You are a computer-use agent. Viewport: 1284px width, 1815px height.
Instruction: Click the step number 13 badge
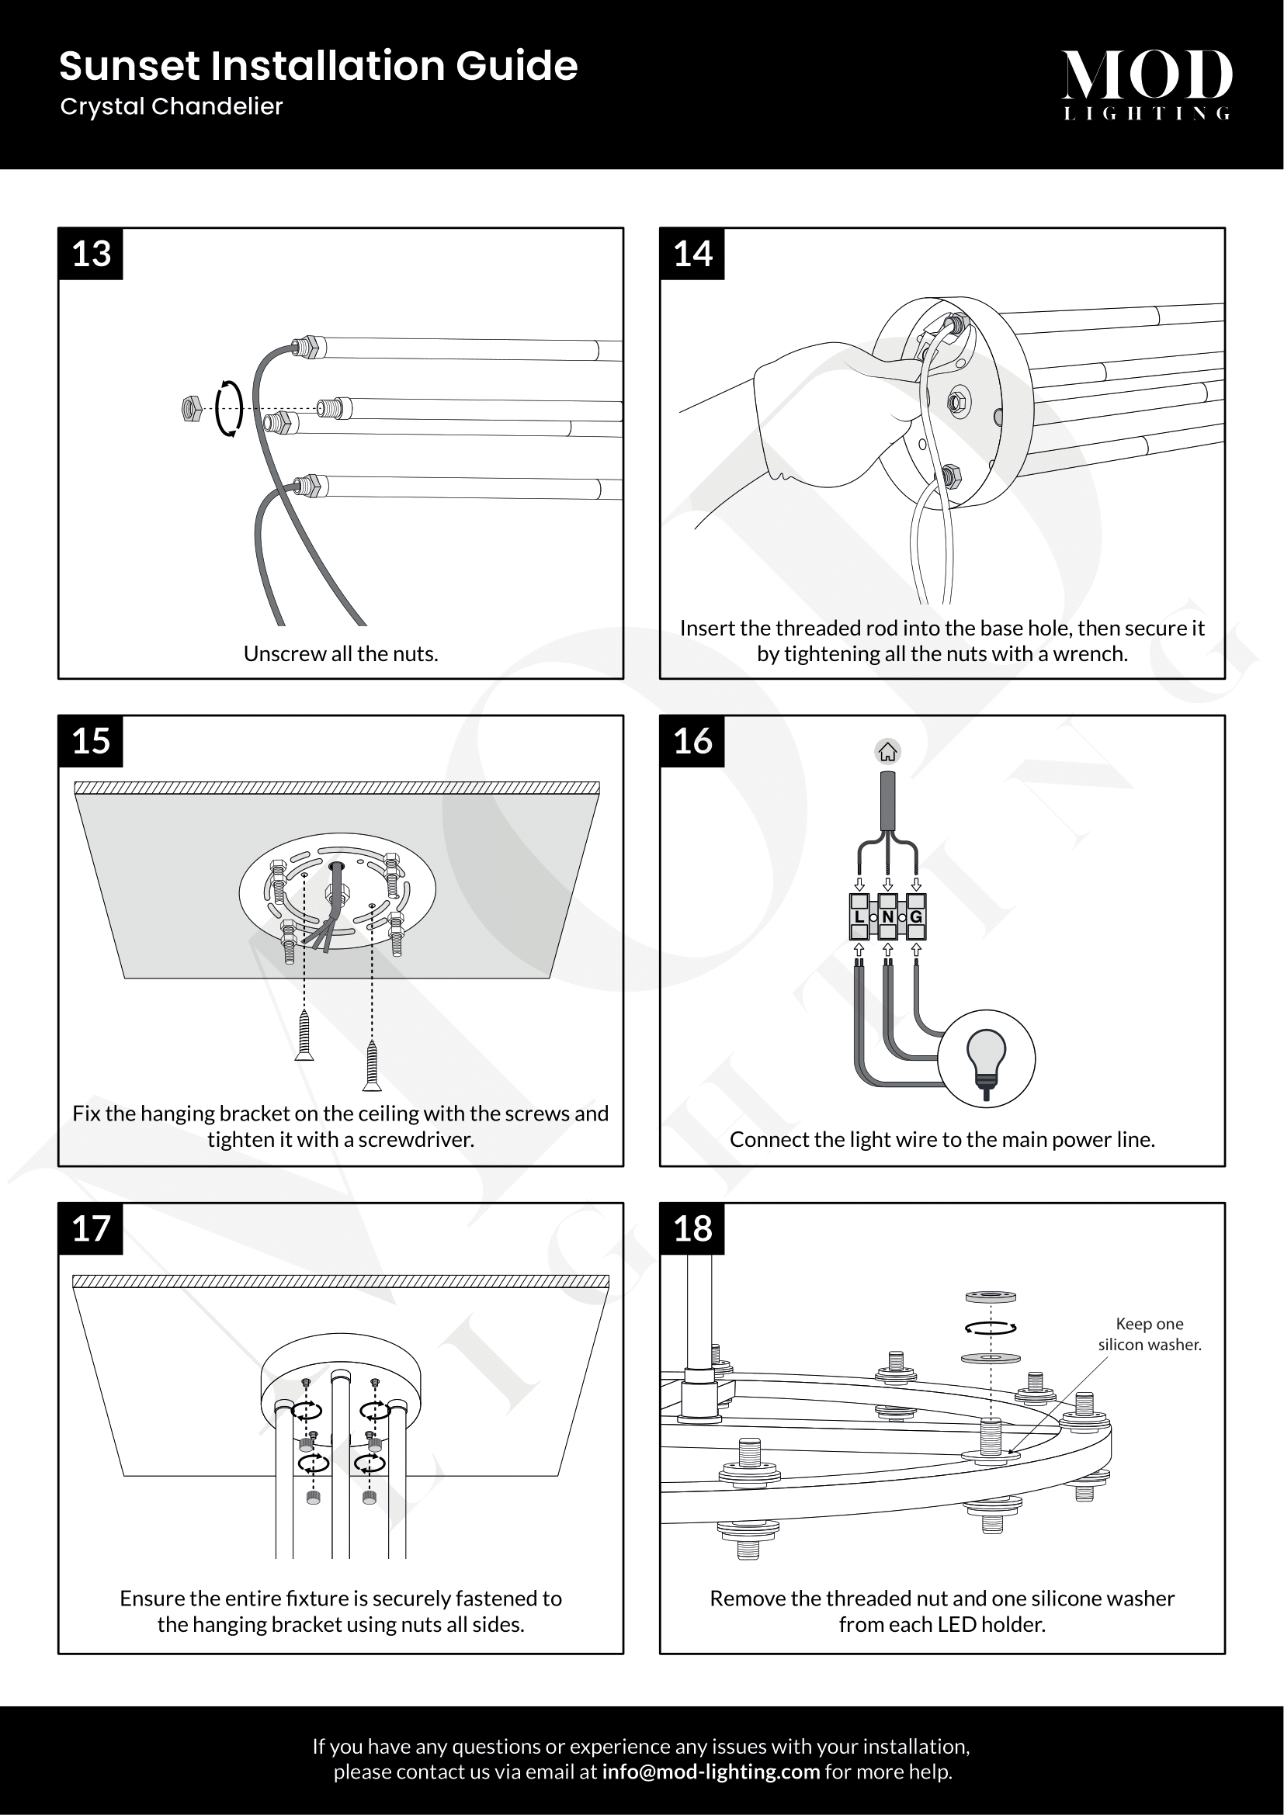coord(91,254)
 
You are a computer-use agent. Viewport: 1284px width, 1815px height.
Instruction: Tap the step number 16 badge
coord(692,742)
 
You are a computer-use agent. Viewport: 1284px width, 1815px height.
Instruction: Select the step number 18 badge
coord(692,1229)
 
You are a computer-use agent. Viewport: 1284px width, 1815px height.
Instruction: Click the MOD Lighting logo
coord(1147,84)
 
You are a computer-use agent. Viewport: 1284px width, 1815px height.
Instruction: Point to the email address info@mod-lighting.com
coord(710,1772)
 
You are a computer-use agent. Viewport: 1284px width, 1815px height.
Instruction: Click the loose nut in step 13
coord(191,409)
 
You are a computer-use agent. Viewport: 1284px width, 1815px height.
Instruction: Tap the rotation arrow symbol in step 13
coord(229,409)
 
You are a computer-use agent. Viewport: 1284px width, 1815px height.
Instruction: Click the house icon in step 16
coord(888,752)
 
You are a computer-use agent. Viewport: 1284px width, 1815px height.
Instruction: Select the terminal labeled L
coord(859,917)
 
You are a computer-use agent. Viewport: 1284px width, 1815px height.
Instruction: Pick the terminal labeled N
coord(888,917)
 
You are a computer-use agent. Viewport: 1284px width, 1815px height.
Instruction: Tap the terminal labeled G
coord(916,917)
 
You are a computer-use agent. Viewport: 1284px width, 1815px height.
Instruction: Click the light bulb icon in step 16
coord(986,1058)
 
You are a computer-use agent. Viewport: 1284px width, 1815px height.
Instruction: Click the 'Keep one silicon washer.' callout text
coord(1149,1334)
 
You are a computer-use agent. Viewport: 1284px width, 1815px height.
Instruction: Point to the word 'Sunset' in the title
coord(129,67)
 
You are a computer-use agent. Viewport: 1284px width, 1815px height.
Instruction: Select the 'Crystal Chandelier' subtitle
coord(172,107)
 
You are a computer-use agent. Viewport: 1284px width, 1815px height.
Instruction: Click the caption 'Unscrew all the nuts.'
coord(341,653)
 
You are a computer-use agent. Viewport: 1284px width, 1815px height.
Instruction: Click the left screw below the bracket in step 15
coord(304,1035)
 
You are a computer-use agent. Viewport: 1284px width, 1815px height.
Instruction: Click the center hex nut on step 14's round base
coord(957,402)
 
